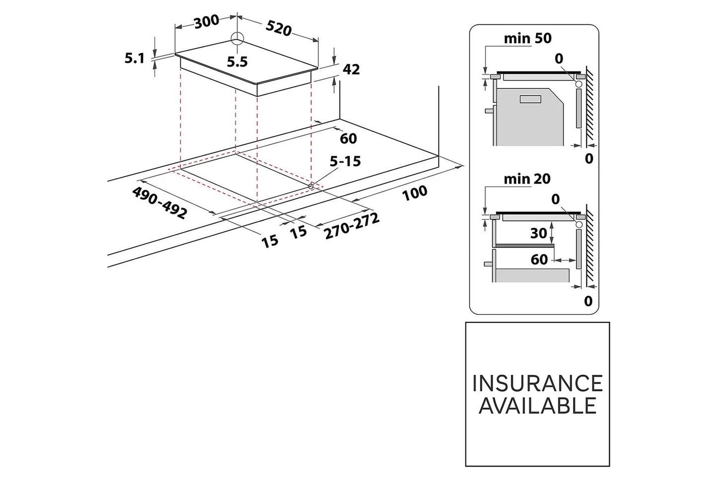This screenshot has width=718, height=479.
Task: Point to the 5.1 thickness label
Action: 134,59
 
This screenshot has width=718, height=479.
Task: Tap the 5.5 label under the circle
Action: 237,62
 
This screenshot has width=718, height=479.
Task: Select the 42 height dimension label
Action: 351,70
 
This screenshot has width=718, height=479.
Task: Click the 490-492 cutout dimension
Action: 160,202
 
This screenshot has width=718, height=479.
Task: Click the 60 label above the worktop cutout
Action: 348,138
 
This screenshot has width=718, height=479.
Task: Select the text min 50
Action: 527,38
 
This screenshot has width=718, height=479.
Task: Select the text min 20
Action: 527,179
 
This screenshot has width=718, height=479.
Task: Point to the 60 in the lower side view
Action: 539,259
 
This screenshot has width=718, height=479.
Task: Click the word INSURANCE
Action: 537,383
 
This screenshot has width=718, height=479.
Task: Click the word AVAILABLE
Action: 537,406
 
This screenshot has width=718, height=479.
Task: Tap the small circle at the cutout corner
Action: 311,186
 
